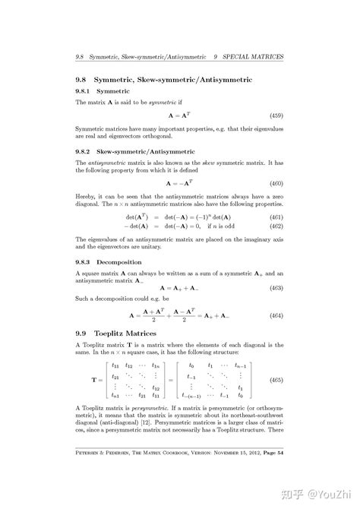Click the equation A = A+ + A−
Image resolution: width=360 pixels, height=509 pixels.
click(179, 288)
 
